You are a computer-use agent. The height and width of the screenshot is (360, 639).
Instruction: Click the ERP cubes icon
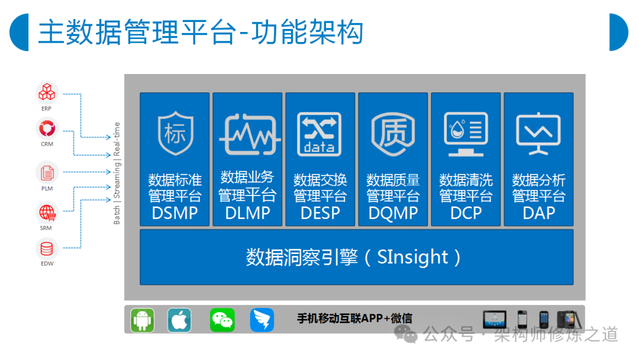coord(47,92)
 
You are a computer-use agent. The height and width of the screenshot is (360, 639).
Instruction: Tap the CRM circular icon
coord(47,129)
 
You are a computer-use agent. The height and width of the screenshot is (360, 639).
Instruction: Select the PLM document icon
coord(47,173)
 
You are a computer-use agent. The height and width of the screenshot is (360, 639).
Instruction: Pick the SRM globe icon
coord(47,213)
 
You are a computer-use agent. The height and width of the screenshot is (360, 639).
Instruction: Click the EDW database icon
coord(47,248)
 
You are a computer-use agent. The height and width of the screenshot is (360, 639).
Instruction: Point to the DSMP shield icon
coord(175,133)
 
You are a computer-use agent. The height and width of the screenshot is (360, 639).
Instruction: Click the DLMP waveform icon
coord(249,134)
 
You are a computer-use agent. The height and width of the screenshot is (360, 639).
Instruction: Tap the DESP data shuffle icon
coord(319,134)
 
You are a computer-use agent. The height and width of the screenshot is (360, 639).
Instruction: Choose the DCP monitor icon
coord(466,134)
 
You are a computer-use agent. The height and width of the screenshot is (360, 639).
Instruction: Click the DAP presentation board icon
coord(538,134)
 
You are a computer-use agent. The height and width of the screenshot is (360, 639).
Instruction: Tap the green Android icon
coord(142,320)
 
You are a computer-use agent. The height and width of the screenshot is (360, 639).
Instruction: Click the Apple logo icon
coord(179,320)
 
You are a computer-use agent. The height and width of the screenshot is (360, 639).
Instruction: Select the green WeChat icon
coord(222,320)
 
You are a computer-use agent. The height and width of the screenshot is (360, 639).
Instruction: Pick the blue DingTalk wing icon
coord(262,320)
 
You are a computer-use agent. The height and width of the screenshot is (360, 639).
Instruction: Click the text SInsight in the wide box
coord(412,257)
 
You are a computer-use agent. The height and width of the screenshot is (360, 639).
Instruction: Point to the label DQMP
coord(393,213)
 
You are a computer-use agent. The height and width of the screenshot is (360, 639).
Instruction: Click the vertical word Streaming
coord(117,180)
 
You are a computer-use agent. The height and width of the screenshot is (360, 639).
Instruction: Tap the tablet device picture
coord(494,319)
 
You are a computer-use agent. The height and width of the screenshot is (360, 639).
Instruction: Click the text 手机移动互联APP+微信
coord(354,319)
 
